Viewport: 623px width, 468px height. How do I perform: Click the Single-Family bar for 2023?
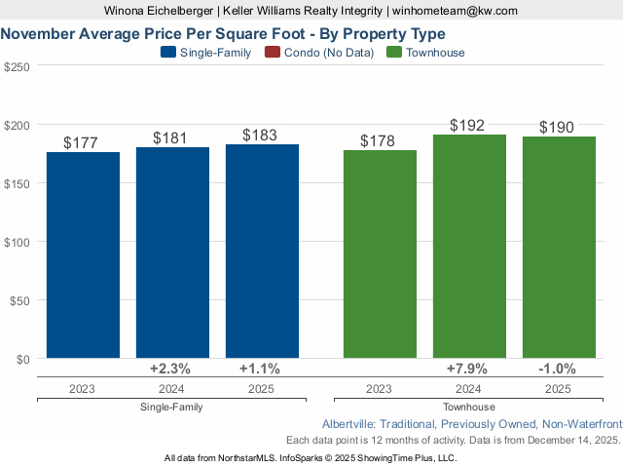point(83,255)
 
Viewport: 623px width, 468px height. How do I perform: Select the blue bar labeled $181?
point(172,253)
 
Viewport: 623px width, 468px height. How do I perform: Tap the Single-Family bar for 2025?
point(262,252)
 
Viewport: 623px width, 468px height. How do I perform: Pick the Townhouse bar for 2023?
point(380,254)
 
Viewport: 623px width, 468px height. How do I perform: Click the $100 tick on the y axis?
point(18,242)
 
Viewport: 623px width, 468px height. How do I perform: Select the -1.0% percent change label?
point(557,370)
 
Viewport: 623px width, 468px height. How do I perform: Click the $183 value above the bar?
point(262,136)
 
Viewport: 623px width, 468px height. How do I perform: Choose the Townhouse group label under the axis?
point(469,407)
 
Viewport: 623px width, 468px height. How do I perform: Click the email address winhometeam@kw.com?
point(455,11)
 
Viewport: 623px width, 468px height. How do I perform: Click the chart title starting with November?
point(224,33)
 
